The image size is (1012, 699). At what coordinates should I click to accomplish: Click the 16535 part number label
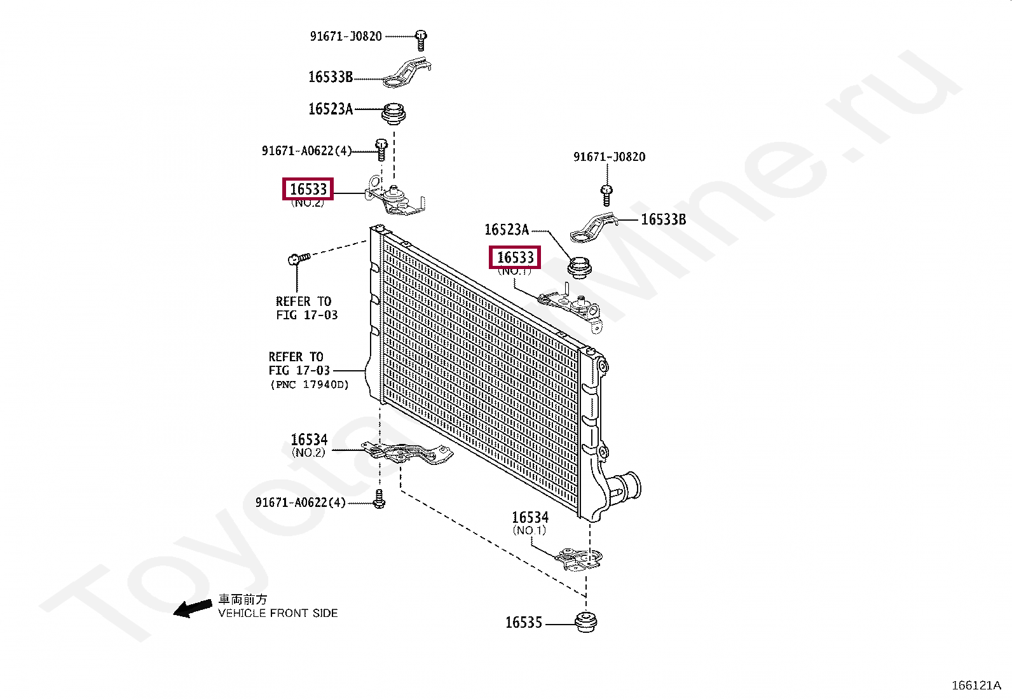(x=523, y=623)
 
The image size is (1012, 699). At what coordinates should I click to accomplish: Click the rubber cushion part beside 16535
(x=585, y=621)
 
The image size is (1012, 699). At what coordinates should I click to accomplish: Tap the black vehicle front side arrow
(x=193, y=608)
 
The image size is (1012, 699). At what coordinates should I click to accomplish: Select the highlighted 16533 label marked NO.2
(x=308, y=189)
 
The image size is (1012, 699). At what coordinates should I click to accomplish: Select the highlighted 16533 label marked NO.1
(x=515, y=257)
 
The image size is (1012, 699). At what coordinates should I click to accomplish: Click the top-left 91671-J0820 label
(x=346, y=36)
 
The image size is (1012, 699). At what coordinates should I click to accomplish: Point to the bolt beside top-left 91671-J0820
(x=420, y=39)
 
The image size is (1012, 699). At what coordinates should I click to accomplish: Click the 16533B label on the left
(x=330, y=77)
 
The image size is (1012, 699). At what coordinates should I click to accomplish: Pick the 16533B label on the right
(x=663, y=219)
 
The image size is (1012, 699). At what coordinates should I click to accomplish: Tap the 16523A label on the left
(x=330, y=109)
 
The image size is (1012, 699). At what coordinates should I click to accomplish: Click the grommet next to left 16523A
(x=394, y=114)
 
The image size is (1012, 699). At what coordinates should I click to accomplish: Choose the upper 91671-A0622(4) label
(x=306, y=151)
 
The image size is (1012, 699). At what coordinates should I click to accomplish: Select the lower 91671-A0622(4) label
(x=300, y=502)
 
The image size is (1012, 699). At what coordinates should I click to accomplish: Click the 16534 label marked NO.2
(x=309, y=440)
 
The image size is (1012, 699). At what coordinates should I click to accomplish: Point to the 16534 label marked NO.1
(x=530, y=518)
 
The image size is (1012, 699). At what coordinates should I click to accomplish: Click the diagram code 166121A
(x=976, y=685)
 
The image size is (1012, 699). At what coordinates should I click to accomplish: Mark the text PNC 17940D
(x=310, y=385)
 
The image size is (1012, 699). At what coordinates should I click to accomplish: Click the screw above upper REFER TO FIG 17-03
(x=298, y=258)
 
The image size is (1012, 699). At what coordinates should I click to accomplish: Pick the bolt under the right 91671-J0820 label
(x=606, y=194)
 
